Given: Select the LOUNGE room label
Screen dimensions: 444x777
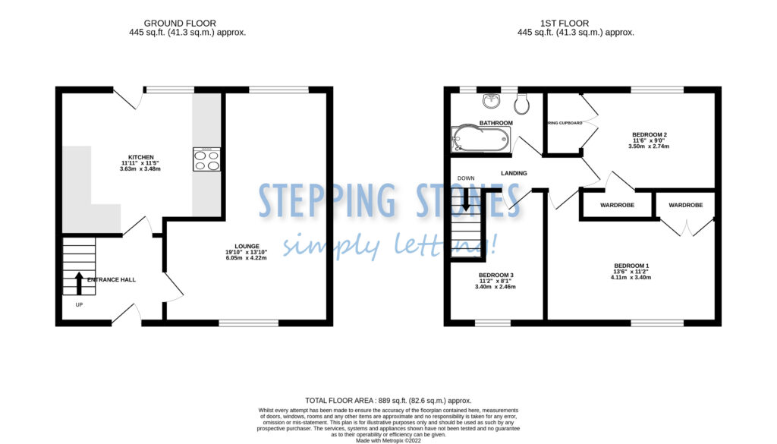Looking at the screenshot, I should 247,246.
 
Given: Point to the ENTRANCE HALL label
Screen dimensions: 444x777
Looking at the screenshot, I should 112,280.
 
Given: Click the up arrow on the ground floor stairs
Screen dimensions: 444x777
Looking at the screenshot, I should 78,283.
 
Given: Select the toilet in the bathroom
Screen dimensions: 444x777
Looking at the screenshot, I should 521,102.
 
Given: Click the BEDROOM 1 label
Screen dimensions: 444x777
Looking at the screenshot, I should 631,266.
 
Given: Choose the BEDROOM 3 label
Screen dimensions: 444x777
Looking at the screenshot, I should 495,275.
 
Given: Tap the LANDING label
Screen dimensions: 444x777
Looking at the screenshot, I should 514,174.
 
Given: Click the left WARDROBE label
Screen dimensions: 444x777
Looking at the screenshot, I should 617,206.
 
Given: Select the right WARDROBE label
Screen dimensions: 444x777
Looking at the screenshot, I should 685,206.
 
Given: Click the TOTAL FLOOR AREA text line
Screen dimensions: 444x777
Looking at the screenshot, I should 388,401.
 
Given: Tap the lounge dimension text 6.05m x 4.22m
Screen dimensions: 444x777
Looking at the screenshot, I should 247,258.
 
